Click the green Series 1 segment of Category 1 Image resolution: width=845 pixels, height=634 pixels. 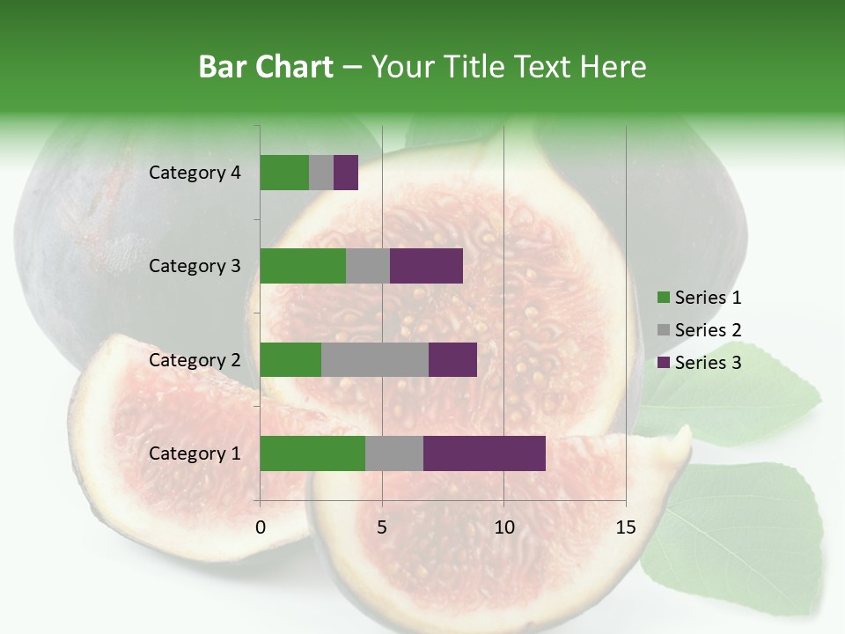tap(312, 453)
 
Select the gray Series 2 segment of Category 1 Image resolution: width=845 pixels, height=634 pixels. tap(394, 453)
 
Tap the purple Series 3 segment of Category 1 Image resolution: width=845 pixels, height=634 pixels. tap(484, 453)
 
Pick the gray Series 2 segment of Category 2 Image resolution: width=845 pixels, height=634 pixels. tap(375, 359)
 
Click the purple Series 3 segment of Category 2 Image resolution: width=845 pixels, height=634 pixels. tap(452, 359)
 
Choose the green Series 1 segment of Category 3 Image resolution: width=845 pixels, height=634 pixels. tap(303, 266)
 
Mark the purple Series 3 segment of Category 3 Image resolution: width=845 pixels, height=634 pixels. tap(426, 266)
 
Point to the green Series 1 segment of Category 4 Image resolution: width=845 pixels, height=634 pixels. tap(284, 173)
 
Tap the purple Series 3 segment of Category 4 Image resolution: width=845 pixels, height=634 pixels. tap(346, 173)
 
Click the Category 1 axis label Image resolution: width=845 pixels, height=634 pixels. tap(195, 453)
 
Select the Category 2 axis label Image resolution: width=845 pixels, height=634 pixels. tap(195, 359)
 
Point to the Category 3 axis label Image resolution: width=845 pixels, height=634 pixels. tap(195, 266)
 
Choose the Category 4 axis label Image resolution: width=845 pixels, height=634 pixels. tap(195, 173)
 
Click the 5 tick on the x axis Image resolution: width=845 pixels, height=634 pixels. tap(382, 527)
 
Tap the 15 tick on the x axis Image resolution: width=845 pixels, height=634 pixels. tap(626, 527)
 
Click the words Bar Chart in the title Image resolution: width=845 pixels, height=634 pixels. tap(266, 66)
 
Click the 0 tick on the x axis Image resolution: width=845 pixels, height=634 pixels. tap(261, 527)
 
